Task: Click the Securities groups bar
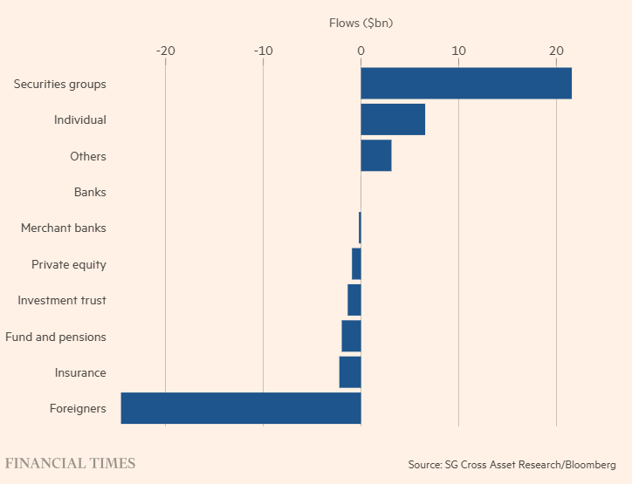point(466,84)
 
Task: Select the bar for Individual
point(393,119)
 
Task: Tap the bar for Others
point(376,156)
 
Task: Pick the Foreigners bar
point(241,408)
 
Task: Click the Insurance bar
point(350,372)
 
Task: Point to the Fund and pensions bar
point(351,336)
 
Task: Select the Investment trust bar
point(354,300)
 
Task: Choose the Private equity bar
point(356,263)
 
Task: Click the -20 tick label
point(165,51)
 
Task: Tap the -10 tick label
point(263,51)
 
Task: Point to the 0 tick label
point(361,51)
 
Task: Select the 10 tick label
point(458,51)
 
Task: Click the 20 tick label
point(556,51)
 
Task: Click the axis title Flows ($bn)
point(361,23)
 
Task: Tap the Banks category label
point(90,192)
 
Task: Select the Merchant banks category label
point(64,228)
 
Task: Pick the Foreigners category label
point(78,408)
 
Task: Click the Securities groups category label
point(60,85)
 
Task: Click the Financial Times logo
point(71,463)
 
